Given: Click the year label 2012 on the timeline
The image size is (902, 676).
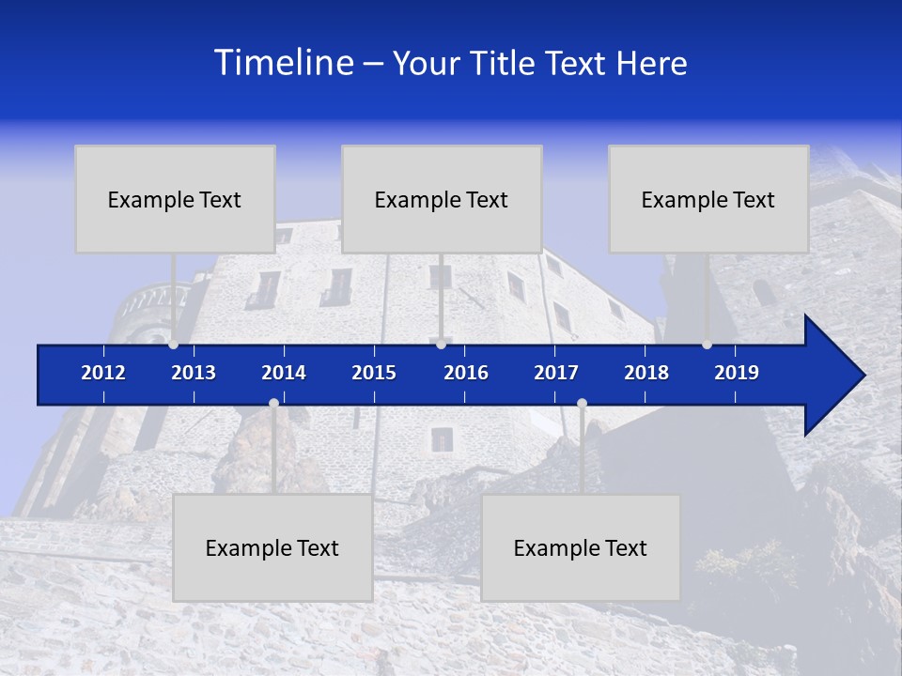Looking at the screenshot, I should coord(103,373).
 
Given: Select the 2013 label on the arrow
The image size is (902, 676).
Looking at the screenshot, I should coord(194,373).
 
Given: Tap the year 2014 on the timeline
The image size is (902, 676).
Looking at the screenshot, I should coord(284,373).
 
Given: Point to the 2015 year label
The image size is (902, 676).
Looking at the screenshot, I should coord(374,373).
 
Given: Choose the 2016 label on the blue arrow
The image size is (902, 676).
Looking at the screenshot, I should coord(466,373).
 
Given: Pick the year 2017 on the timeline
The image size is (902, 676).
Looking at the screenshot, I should coord(556,373).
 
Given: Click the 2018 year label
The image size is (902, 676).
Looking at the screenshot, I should coord(646,373).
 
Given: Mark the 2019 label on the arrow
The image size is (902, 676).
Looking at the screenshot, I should coord(737,373).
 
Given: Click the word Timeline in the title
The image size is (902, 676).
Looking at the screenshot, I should coord(283,63).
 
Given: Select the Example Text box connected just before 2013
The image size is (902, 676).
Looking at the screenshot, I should coord(175,199).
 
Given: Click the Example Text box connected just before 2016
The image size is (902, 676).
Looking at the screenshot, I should coord(442,199).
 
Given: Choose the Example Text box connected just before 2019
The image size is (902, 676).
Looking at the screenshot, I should coord(708,199).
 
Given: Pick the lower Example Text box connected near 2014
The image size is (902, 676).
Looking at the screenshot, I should coord(272,547).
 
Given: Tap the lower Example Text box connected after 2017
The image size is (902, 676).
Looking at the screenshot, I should coord(581,547).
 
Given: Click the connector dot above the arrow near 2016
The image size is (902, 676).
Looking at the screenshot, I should coord(442,345).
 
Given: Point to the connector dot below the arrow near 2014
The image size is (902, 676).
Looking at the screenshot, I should coord(273,404).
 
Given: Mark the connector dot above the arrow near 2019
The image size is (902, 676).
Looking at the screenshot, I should coord(708,345).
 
